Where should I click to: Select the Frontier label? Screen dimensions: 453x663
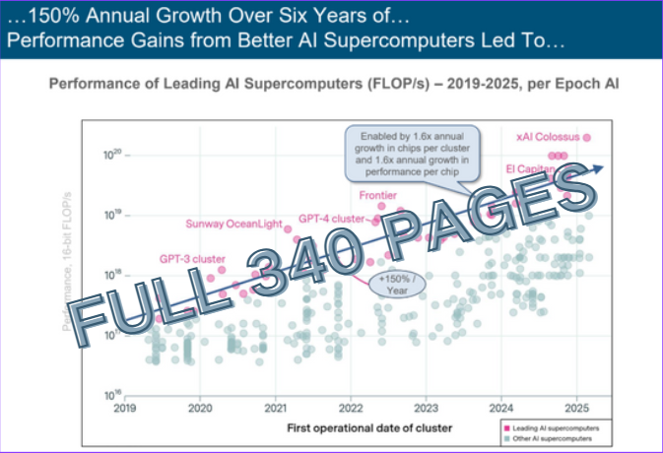[x=378, y=195]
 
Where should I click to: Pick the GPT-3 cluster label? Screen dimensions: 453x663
[x=192, y=258]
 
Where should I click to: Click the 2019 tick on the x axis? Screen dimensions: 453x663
[x=124, y=407]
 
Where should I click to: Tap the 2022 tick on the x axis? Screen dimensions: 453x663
[x=350, y=407]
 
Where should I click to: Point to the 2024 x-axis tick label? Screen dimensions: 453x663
[x=501, y=407]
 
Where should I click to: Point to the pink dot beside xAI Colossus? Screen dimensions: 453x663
[x=588, y=138]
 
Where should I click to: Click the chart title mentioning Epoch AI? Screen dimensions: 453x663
[x=333, y=86]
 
